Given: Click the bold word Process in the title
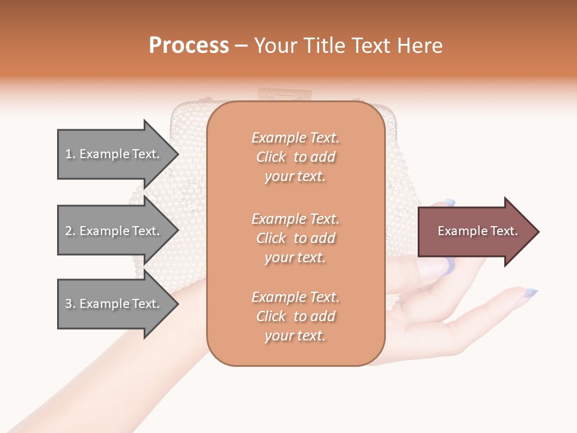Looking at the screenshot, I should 189,46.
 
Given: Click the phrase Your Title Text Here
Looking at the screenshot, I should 348,46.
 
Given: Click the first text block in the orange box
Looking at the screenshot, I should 295,157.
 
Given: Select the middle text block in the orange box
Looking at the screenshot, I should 295,238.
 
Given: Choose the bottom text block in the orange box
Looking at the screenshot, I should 295,316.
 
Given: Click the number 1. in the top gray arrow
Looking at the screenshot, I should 70,154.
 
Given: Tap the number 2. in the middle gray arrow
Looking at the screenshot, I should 70,231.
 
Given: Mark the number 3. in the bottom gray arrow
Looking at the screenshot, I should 70,304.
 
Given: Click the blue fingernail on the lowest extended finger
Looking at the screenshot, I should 530,293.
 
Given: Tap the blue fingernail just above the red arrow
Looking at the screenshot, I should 449,203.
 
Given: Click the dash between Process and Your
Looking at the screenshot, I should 242,46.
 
